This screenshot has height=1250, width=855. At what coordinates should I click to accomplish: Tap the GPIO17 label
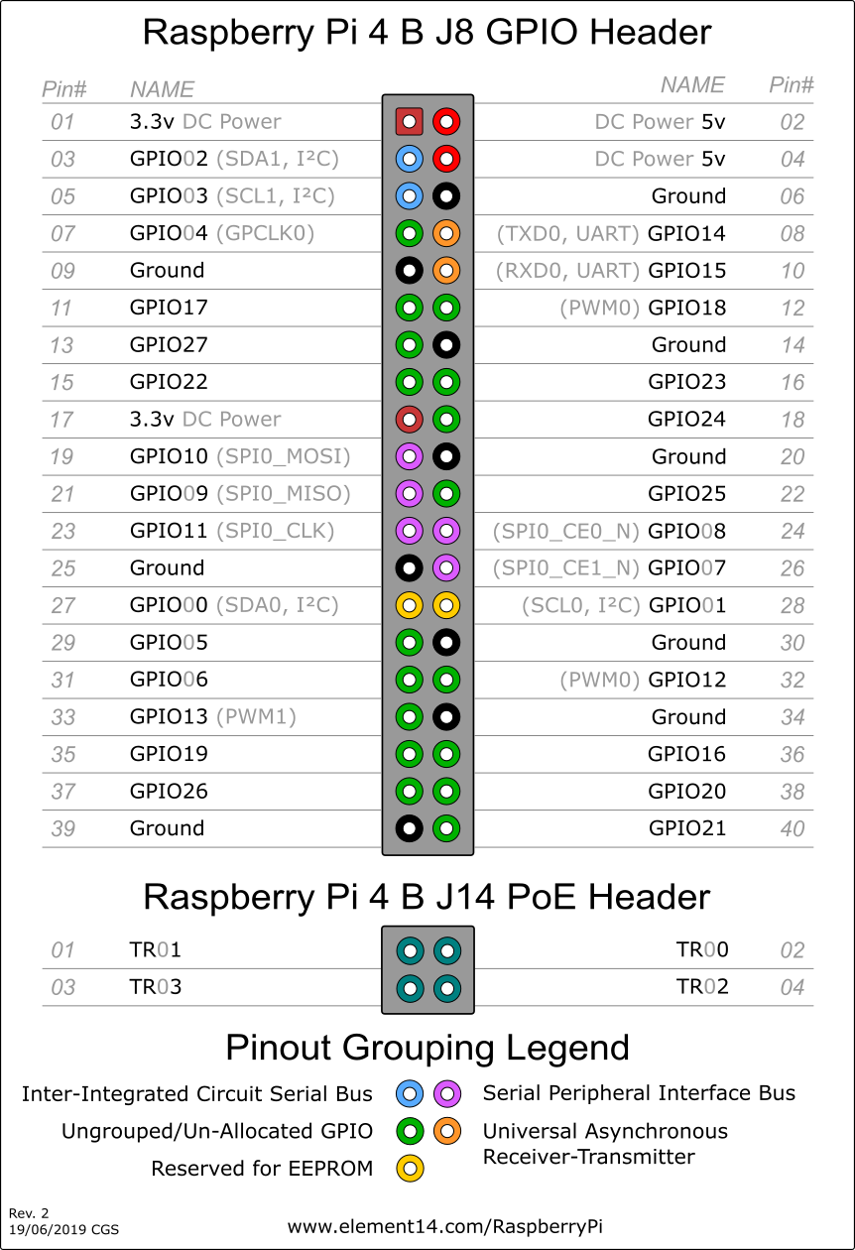pyautogui.click(x=169, y=308)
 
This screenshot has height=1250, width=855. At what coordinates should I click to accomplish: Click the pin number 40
pyautogui.click(x=793, y=828)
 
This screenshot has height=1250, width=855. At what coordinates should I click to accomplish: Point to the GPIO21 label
pyautogui.click(x=687, y=828)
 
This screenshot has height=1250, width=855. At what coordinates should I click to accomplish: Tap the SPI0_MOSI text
pyautogui.click(x=284, y=456)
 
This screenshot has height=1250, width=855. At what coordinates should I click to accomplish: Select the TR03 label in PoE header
pyautogui.click(x=156, y=987)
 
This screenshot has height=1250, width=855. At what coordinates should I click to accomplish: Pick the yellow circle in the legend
pyautogui.click(x=410, y=1168)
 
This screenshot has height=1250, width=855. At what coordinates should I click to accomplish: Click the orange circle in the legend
pyautogui.click(x=446, y=1131)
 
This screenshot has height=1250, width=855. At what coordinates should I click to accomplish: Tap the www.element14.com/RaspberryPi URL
pyautogui.click(x=444, y=1226)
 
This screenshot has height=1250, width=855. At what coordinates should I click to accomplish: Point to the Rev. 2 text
pyautogui.click(x=28, y=1212)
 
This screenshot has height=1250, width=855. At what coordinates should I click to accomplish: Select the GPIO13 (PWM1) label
pyautogui.click(x=213, y=716)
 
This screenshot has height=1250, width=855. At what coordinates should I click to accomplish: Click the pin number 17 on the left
pyautogui.click(x=62, y=420)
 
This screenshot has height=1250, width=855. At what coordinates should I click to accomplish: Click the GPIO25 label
pyautogui.click(x=687, y=493)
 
